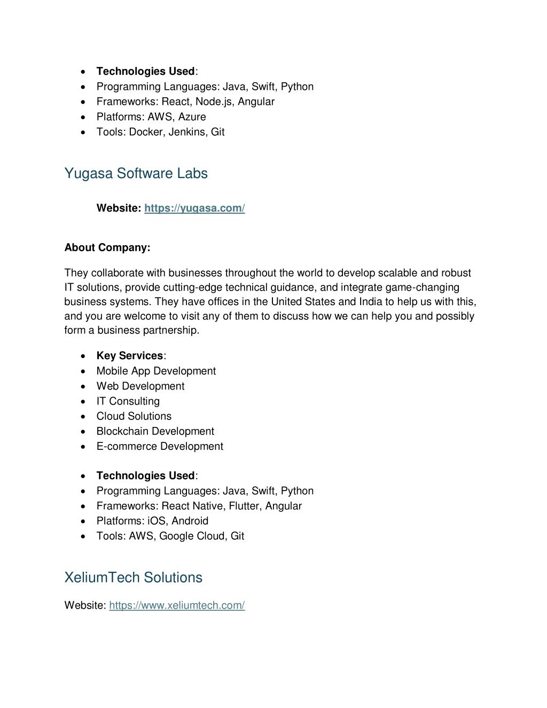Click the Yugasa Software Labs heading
136,174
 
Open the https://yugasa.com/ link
194,208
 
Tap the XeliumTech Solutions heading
133,578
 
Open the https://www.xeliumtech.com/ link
177,605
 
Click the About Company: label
107,247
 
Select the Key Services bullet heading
130,356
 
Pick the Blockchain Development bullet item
155,431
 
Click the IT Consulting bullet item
128,401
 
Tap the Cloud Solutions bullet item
134,416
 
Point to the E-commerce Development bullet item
160,446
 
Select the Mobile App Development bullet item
156,371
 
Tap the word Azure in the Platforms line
192,117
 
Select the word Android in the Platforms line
190,521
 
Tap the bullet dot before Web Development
83,386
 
